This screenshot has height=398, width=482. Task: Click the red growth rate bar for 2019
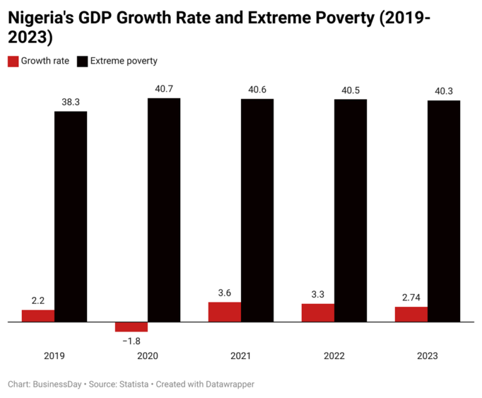38,316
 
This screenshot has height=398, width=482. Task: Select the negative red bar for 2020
131,327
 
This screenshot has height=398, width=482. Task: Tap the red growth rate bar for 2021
225,312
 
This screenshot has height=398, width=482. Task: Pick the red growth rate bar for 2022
318,313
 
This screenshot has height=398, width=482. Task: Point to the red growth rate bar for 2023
411,315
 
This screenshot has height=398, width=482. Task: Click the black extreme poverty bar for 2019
70,217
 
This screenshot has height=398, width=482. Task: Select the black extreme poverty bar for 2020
164,210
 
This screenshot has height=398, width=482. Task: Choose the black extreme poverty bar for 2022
350,211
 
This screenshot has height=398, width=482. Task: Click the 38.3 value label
70,102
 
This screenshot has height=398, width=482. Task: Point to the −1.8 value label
131,341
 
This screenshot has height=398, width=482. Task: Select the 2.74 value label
411,297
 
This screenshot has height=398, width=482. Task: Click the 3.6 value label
225,293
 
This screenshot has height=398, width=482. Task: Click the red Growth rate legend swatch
13,62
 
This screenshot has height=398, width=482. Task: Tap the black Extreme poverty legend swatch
83,62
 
